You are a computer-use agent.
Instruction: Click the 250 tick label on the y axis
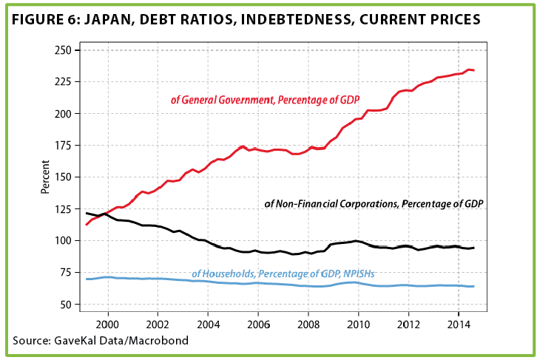click(63, 50)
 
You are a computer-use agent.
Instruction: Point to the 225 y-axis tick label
click(63, 82)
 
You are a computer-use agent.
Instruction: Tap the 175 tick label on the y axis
click(63, 146)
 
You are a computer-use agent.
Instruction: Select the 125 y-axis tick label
click(63, 209)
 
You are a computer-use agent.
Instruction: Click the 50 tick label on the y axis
click(66, 305)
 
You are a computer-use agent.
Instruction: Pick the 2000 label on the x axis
click(107, 325)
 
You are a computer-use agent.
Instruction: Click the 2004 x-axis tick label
click(209, 325)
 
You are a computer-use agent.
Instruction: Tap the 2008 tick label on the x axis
click(308, 325)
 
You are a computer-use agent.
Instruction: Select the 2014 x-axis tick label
click(459, 325)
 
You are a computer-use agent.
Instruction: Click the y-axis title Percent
click(45, 177)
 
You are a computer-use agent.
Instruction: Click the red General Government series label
click(265, 100)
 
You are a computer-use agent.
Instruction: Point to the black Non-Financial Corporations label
click(374, 204)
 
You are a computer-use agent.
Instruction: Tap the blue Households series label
click(283, 274)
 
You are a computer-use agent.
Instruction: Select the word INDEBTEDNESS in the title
click(297, 20)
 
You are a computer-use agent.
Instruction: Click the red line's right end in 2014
click(473, 70)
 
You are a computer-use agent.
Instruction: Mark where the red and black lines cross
click(104, 214)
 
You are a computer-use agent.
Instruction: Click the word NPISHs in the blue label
click(359, 274)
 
